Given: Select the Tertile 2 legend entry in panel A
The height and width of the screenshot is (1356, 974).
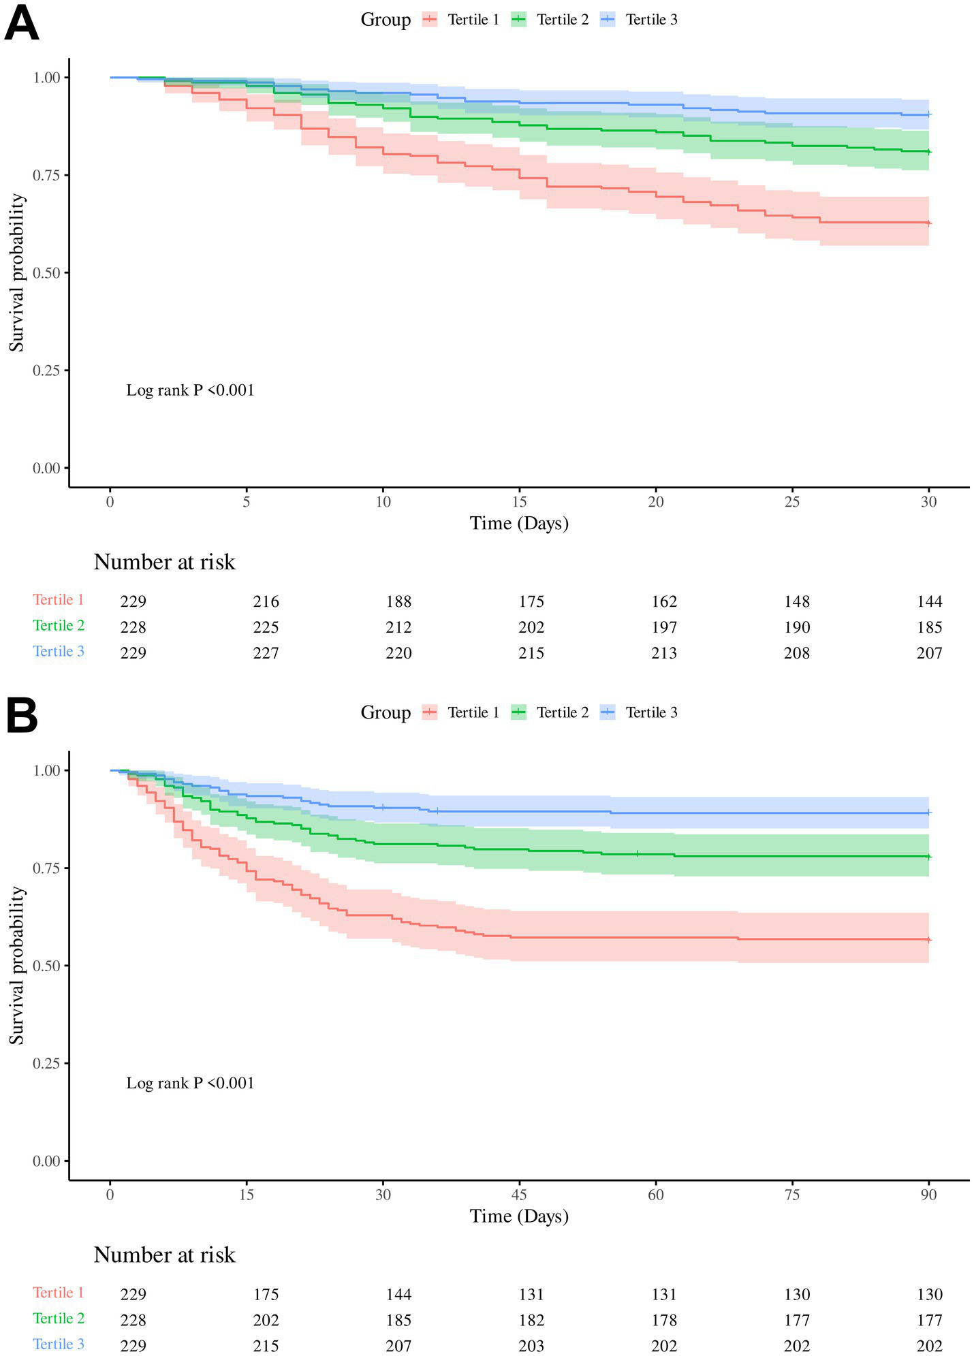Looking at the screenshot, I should click(x=550, y=20).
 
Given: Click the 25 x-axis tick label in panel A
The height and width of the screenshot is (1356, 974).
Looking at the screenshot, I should click(x=791, y=502).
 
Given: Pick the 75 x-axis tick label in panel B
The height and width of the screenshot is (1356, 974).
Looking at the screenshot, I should click(x=791, y=1195).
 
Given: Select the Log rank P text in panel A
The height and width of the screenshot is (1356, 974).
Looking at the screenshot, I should click(x=190, y=390).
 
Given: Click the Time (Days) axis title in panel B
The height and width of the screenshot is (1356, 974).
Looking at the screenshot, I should click(x=519, y=1216).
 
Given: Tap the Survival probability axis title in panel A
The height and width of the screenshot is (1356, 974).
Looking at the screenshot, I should click(x=16, y=272).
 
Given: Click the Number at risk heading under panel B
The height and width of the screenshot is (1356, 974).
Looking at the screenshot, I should click(x=164, y=1255).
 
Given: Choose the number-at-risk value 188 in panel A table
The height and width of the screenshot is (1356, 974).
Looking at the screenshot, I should click(x=398, y=601).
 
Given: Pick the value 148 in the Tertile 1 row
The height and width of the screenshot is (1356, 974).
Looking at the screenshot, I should click(x=797, y=601).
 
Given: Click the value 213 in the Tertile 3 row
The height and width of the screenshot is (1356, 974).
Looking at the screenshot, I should click(x=664, y=653).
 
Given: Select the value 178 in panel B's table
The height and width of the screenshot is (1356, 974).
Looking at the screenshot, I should click(x=664, y=1320).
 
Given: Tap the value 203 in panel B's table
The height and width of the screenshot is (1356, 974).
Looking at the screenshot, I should click(x=531, y=1346).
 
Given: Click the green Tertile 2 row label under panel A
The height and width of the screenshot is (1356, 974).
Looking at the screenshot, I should click(x=59, y=625).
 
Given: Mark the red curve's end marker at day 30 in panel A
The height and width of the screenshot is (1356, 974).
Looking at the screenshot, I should click(x=929, y=223).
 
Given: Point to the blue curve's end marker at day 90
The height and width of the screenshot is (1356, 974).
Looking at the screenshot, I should click(x=929, y=813).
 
